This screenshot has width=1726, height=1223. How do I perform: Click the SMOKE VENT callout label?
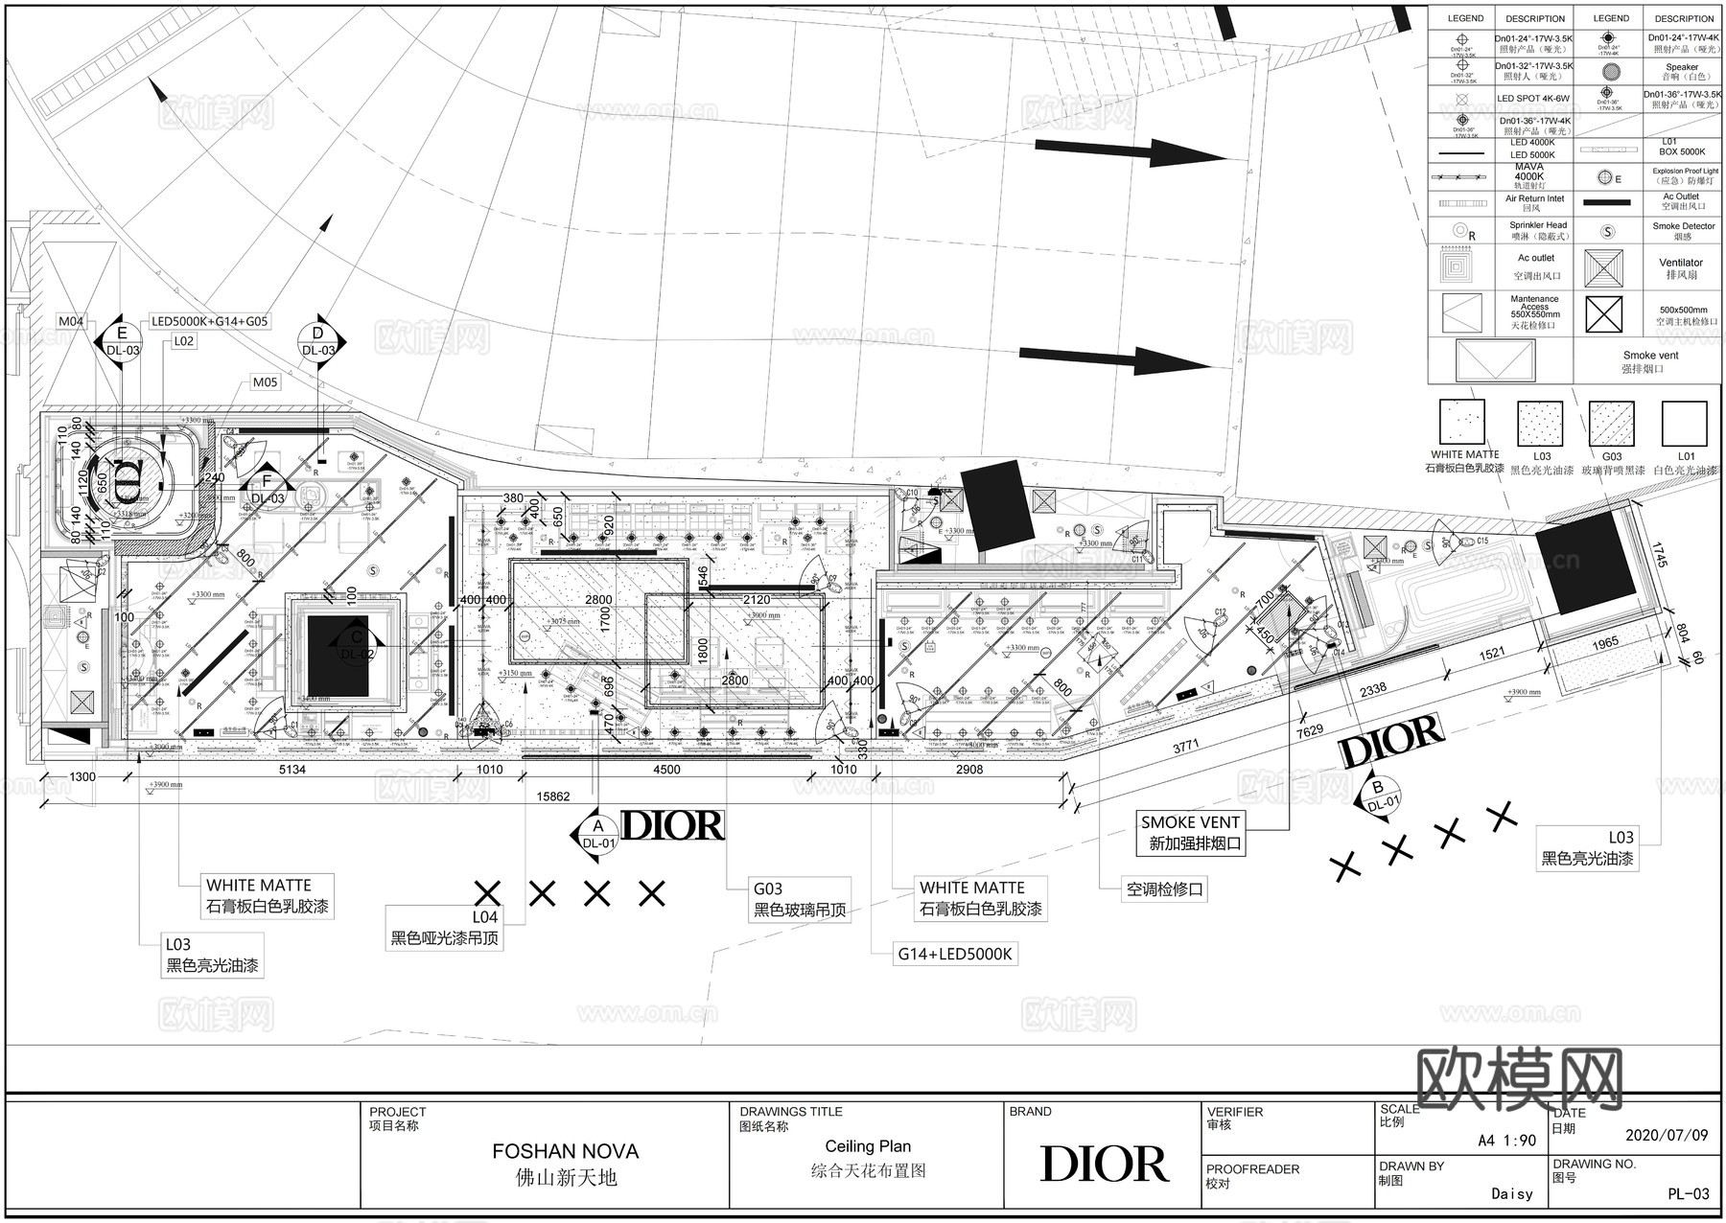click(x=1190, y=822)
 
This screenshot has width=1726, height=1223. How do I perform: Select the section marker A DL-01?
click(x=598, y=835)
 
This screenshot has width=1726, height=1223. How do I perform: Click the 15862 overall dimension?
click(x=552, y=796)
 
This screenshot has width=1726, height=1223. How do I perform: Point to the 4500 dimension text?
click(x=666, y=770)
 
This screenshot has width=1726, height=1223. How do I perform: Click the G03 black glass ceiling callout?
click(x=800, y=899)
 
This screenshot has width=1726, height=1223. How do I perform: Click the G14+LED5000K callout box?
click(x=955, y=954)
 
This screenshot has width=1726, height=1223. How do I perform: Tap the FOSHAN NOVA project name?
click(x=565, y=1151)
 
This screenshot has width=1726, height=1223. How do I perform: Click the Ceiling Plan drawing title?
click(x=868, y=1146)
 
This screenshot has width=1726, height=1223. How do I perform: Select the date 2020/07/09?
click(x=1667, y=1136)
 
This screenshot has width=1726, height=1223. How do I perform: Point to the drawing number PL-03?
click(x=1689, y=1194)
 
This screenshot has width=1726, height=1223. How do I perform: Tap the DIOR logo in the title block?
click(x=1104, y=1164)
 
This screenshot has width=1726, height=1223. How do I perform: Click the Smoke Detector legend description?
click(x=1683, y=231)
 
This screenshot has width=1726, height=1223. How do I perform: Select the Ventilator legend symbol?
click(x=1603, y=268)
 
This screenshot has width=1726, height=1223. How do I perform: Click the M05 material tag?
click(x=265, y=382)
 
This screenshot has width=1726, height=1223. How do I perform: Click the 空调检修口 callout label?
click(x=1164, y=889)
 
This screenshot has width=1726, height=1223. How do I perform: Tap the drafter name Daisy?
click(x=1512, y=1194)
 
